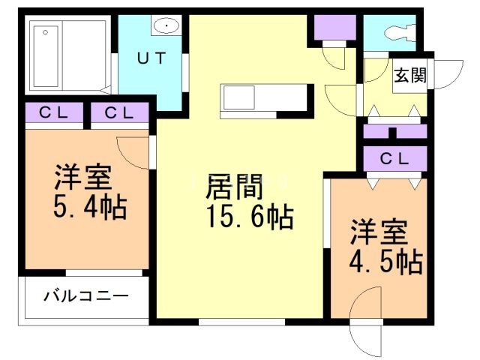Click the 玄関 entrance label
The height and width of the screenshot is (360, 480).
tap(409, 75)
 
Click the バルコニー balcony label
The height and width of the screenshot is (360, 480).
tap(85, 295)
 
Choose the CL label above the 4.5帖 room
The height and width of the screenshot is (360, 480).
tap(394, 158)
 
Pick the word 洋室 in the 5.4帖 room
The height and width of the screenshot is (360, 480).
tap(82, 178)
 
